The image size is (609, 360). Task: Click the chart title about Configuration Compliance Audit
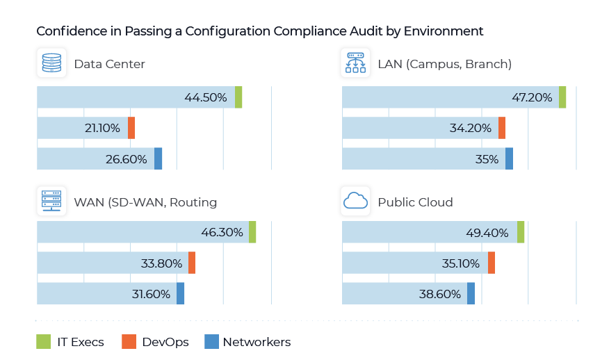259,31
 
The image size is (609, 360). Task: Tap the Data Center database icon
51,64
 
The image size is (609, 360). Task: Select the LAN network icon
356,64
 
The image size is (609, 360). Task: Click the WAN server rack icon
51,202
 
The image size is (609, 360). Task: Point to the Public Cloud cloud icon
356,202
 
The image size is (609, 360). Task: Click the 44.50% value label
206,98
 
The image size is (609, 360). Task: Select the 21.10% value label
101,128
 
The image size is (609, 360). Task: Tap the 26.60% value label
127,159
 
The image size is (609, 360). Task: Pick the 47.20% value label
532,98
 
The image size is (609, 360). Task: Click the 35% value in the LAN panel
487,159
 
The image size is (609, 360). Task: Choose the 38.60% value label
441,294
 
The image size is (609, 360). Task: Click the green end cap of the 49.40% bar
521,232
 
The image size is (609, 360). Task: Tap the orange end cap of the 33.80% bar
192,263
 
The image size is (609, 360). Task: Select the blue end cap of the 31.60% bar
181,293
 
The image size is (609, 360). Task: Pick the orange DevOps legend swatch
128,342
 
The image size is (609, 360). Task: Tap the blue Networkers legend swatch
211,342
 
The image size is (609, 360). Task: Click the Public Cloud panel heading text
415,202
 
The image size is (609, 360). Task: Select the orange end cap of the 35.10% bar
492,263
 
